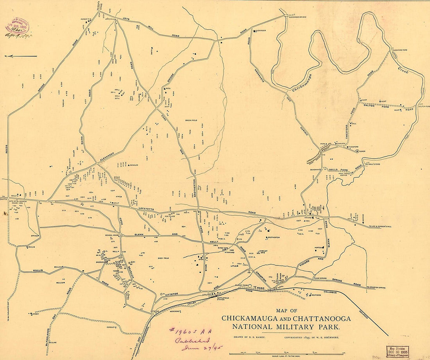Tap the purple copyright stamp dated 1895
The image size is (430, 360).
pos(17,26)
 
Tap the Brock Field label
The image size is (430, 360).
pos(193,120)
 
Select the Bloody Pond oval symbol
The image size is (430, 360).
pos(250,286)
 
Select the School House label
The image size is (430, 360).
pos(112,235)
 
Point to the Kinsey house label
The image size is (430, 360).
pos(36,313)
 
